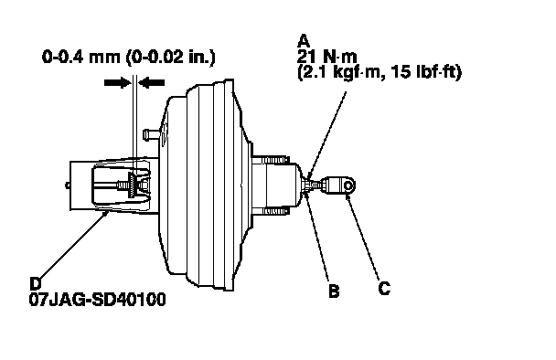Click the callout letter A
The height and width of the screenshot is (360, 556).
(304, 41)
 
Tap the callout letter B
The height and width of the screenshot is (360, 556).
(334, 291)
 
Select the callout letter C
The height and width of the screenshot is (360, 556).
(384, 288)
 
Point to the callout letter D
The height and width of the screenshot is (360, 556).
(36, 283)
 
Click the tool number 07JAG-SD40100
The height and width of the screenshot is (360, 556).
(98, 300)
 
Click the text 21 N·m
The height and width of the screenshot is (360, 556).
(327, 57)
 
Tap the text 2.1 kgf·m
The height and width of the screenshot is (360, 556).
(341, 72)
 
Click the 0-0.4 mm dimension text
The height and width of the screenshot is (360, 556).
(81, 57)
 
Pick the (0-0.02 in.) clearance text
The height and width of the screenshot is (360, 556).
(171, 57)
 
